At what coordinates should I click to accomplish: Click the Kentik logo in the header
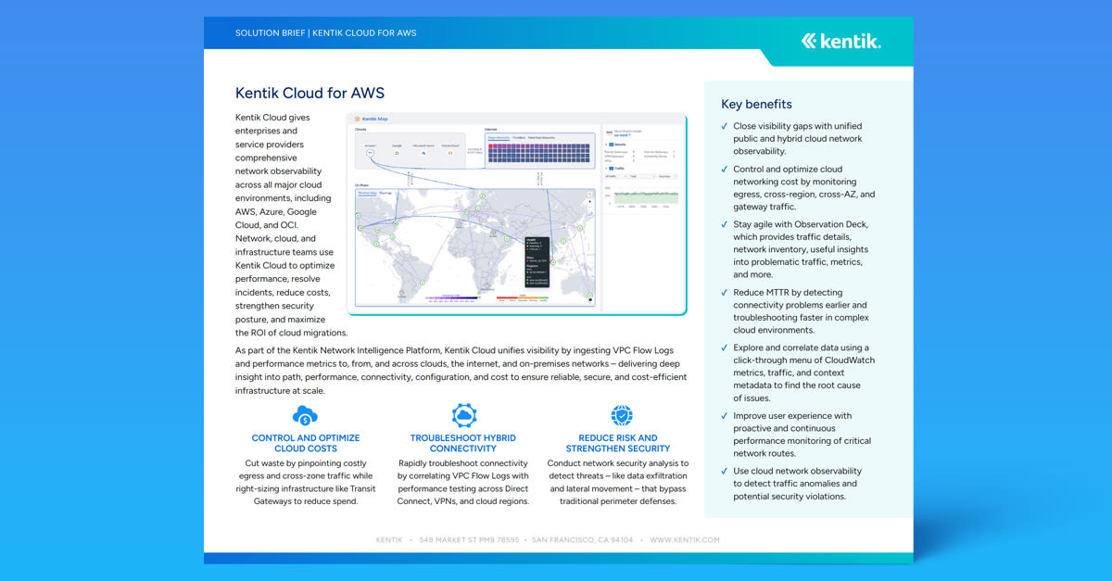[840, 41]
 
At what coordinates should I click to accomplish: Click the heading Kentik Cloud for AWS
[310, 93]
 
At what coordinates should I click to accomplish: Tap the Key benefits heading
[756, 104]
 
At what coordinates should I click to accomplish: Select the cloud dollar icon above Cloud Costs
[305, 415]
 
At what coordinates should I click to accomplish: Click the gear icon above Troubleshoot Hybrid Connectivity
[463, 415]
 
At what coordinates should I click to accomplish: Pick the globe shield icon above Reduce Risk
[621, 415]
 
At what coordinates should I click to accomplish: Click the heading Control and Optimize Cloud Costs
[306, 443]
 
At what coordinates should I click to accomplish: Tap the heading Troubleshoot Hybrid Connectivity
[463, 443]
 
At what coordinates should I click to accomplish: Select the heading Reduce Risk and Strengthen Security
[618, 443]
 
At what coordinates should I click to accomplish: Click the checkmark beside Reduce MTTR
[724, 293]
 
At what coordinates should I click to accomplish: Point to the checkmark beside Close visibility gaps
[724, 126]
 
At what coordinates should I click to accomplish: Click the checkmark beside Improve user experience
[724, 416]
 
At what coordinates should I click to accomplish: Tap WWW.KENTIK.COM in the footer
[684, 539]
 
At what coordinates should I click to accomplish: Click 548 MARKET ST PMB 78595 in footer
[469, 539]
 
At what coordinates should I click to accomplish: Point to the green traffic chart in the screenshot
[642, 196]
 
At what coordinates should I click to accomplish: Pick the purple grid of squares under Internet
[538, 154]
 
